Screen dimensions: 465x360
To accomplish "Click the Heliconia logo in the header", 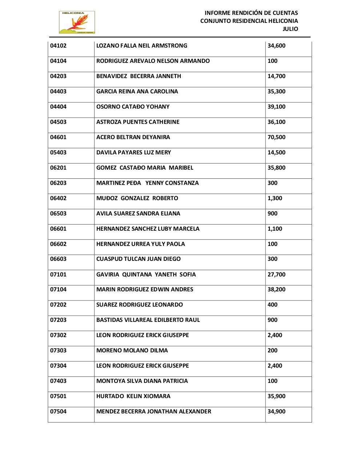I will (x=77, y=23).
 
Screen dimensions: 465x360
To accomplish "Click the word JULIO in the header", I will (x=290, y=29).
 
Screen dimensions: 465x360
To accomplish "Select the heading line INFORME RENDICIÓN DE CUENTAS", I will (x=251, y=13).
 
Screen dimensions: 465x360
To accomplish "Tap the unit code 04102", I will (x=58, y=46).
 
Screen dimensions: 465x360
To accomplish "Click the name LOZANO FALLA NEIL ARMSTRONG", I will (x=142, y=46).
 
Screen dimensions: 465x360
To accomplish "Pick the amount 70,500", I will (x=276, y=137).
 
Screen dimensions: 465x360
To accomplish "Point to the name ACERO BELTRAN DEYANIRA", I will (x=133, y=137).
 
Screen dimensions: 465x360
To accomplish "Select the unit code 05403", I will (x=58, y=153).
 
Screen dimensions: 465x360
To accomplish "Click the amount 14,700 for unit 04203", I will (x=276, y=76).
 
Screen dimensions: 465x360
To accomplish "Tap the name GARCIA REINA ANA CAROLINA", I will (x=137, y=92).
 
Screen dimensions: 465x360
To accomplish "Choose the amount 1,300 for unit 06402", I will (x=275, y=198).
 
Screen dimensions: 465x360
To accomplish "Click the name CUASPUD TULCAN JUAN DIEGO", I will (x=138, y=259).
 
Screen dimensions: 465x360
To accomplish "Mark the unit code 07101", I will (x=58, y=275).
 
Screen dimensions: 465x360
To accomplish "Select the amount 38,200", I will (x=276, y=290).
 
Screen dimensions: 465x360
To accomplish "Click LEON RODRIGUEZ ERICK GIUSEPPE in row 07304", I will (x=143, y=366).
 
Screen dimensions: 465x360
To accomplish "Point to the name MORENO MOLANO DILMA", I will (x=132, y=351).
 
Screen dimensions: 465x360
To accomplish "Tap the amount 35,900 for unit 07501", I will (x=276, y=396).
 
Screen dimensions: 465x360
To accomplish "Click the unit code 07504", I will (x=58, y=412).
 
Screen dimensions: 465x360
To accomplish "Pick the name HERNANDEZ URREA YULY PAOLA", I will (x=140, y=244).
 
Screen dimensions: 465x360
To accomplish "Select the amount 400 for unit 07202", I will (x=272, y=305).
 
